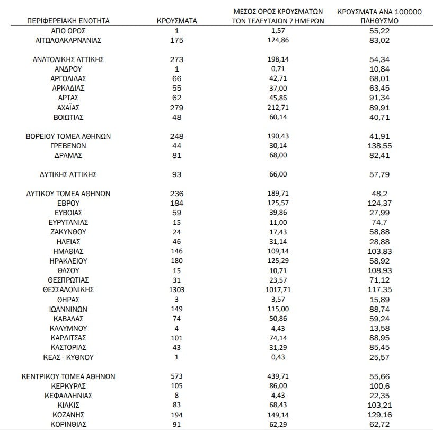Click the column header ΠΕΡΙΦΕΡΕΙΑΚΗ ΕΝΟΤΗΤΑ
(x=68, y=21)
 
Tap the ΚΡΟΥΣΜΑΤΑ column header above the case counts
(x=177, y=21)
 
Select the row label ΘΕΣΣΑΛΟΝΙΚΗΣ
(x=68, y=290)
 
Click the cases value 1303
(x=176, y=290)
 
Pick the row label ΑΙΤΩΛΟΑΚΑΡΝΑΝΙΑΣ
(x=68, y=40)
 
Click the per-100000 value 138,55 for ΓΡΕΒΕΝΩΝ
(x=379, y=146)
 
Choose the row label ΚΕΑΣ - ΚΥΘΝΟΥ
(x=68, y=357)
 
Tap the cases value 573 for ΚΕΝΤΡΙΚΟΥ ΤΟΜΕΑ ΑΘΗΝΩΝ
(x=176, y=376)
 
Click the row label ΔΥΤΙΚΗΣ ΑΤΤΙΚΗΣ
(x=68, y=174)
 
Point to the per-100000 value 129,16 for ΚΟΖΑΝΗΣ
(x=379, y=415)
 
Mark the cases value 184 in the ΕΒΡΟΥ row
(x=176, y=204)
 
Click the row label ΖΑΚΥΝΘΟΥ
(x=68, y=232)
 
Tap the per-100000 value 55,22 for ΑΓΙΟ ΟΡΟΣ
(x=379, y=31)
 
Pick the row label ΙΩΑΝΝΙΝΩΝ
(x=68, y=309)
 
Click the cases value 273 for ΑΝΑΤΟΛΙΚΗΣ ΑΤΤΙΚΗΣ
(x=176, y=59)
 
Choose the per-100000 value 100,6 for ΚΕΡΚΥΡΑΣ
(x=379, y=386)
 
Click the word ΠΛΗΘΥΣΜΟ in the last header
(x=379, y=21)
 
